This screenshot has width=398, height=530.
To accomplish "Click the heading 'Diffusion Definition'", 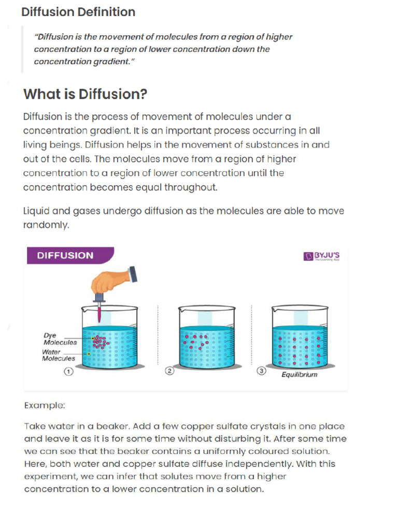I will click(x=78, y=12).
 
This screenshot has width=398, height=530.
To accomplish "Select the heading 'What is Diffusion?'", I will click(x=86, y=94).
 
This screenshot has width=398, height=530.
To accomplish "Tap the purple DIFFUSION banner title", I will click(x=65, y=255).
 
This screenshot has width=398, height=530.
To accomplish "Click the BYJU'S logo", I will click(x=322, y=256).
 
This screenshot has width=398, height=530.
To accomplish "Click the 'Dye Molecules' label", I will click(x=60, y=339).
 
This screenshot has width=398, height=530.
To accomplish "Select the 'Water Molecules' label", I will click(x=59, y=355).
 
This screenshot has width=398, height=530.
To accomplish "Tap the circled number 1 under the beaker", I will click(x=68, y=372).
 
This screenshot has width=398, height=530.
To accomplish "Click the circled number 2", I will click(x=169, y=372).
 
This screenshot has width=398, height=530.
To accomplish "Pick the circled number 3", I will click(x=261, y=372).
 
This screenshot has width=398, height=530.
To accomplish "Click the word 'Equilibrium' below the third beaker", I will click(x=299, y=375).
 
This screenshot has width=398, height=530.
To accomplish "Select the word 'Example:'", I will click(x=45, y=405).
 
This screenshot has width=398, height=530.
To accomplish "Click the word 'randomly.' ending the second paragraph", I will click(x=46, y=225).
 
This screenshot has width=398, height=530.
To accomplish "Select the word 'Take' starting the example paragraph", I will click(x=34, y=426).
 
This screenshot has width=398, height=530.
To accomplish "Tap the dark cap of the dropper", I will click(x=134, y=273).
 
